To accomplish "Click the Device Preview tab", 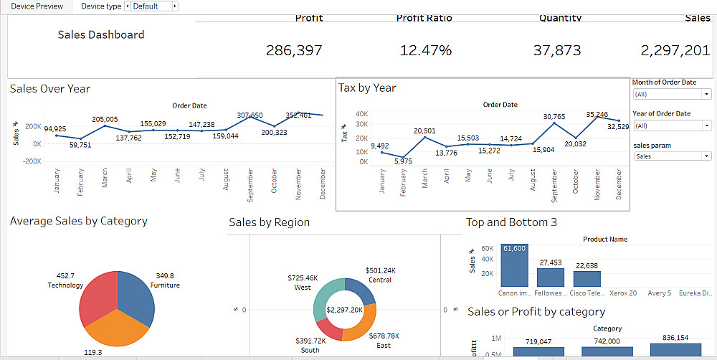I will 37,6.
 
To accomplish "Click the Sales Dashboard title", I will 100,34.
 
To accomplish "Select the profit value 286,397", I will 294,50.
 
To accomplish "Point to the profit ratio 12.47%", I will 426,50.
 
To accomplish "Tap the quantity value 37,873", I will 557,50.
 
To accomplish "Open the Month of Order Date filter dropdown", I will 672,95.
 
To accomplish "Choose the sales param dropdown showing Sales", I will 672,156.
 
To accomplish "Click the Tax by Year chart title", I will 367,87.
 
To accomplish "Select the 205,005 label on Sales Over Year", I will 105,120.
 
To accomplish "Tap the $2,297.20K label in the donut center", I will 345,310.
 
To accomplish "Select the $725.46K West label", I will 303,283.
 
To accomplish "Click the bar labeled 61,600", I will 514,265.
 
